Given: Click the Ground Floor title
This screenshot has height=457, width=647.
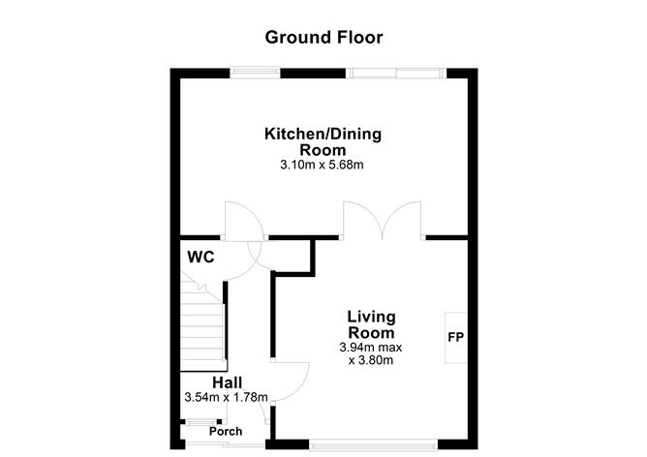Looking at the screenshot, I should (324, 38).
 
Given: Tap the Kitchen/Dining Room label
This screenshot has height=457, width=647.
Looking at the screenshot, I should (323, 141).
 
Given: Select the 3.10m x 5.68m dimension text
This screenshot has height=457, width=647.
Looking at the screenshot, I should (323, 166).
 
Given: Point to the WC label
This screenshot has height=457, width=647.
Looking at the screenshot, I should (200, 258).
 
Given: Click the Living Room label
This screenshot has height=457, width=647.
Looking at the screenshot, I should (372, 324).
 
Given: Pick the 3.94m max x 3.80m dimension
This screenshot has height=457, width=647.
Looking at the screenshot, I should (372, 354).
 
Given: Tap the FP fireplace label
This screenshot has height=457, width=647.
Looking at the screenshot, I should (454, 338).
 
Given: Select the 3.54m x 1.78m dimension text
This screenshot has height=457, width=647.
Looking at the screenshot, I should (226, 397).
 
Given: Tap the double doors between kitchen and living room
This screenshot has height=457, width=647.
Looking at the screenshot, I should (384, 221).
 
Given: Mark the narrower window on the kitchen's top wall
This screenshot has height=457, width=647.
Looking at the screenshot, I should (256, 71).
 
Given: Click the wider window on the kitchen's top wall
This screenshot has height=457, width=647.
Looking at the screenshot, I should (397, 71).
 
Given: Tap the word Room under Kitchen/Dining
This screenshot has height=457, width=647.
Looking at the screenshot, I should (323, 150).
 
